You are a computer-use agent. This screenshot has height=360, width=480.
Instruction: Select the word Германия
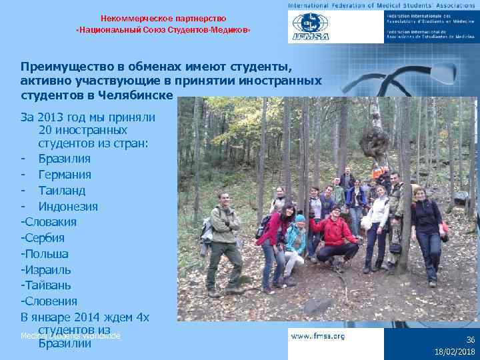(x=65, y=175)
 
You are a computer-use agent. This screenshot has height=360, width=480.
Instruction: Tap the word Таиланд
(x=61, y=191)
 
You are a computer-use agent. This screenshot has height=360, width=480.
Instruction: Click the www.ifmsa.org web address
(x=318, y=337)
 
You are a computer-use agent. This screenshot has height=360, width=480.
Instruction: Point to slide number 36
(x=470, y=339)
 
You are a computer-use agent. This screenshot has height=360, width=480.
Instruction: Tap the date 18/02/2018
(x=455, y=351)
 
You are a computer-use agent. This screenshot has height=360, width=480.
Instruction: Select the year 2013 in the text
(x=51, y=117)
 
